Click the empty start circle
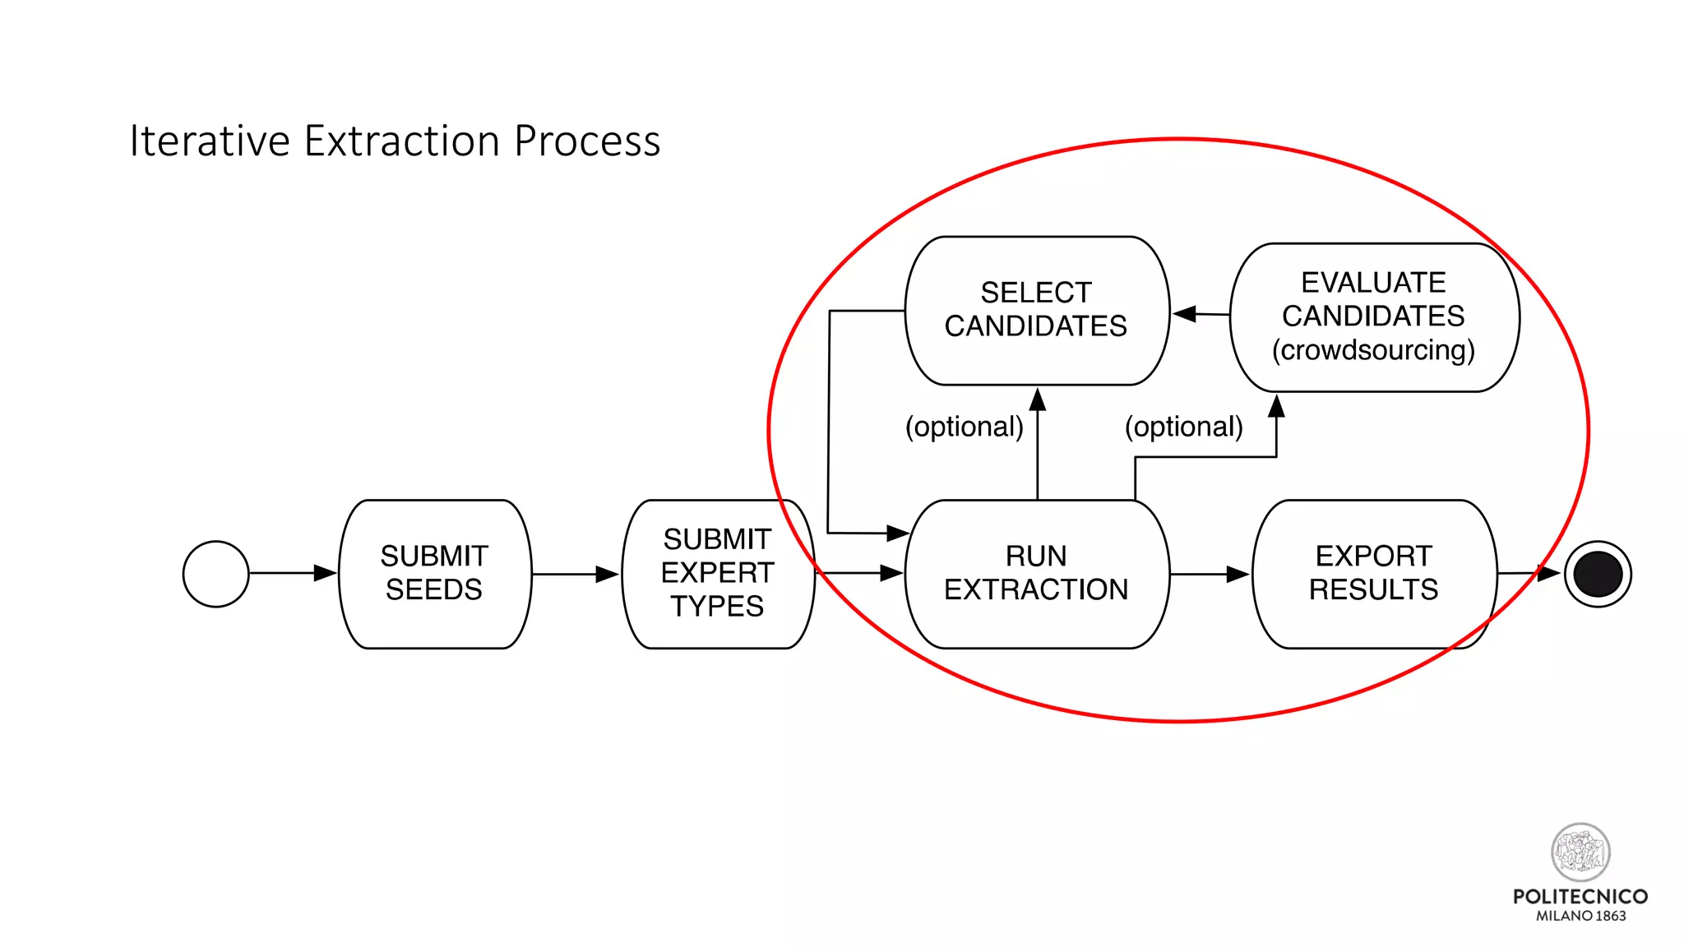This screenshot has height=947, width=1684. (x=215, y=574)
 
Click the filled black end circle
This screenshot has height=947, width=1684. (x=1597, y=574)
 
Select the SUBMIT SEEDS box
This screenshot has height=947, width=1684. (x=434, y=574)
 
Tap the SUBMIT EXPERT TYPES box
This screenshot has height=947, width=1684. (x=717, y=574)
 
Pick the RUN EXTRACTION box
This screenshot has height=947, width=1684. (x=1036, y=574)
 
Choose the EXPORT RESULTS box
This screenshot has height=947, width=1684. (x=1373, y=574)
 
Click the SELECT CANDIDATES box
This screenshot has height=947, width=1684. (x=1036, y=310)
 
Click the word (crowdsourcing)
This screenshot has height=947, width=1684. (x=1373, y=350)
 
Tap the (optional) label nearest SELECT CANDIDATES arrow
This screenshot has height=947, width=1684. (x=964, y=427)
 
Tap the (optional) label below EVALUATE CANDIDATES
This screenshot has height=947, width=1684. (x=1183, y=427)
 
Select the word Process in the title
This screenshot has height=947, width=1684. (x=587, y=141)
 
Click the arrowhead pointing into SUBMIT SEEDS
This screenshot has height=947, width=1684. (x=326, y=573)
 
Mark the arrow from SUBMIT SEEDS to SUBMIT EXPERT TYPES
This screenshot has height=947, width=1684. (x=575, y=574)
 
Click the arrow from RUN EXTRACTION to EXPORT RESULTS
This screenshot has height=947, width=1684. (x=1209, y=574)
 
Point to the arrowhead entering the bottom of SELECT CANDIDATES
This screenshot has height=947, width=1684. (x=1038, y=400)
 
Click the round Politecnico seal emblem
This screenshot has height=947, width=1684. (x=1580, y=852)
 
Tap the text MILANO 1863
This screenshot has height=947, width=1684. (x=1580, y=916)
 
